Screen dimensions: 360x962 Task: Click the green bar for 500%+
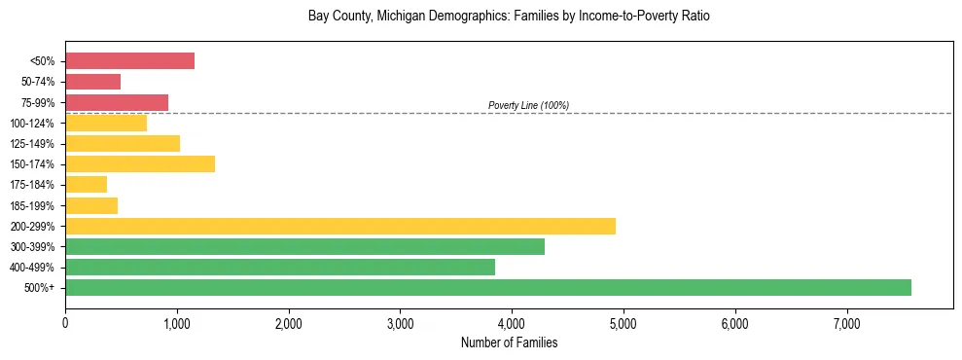point(488,287)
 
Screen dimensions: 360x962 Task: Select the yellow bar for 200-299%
point(340,226)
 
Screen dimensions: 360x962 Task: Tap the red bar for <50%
point(129,61)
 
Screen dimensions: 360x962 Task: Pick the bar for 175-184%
point(86,185)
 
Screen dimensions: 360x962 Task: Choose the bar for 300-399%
point(304,246)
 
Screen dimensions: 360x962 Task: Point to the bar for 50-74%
point(92,82)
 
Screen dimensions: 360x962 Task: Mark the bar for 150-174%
point(140,163)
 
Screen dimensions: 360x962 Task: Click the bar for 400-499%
point(280,267)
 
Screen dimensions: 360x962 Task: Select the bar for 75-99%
point(117,102)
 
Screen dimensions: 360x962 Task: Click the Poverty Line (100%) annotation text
point(528,105)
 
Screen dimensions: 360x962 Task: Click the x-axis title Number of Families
point(509,342)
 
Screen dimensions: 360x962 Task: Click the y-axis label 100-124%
point(32,124)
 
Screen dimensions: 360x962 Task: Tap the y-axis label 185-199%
point(32,205)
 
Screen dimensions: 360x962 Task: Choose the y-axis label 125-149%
point(32,144)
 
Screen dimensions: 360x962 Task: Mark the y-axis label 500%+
point(39,288)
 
